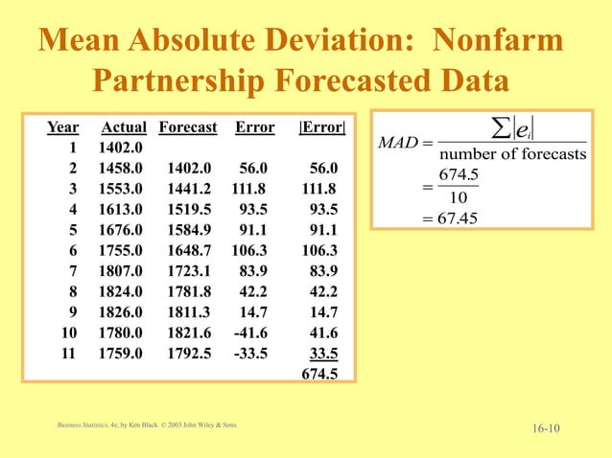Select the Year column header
(x=63, y=127)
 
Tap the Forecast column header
(x=188, y=127)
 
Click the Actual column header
(x=124, y=127)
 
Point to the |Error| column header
(x=322, y=127)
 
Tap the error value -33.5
(x=251, y=352)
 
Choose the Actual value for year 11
(x=121, y=352)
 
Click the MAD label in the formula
(x=397, y=144)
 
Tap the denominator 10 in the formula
(x=459, y=197)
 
